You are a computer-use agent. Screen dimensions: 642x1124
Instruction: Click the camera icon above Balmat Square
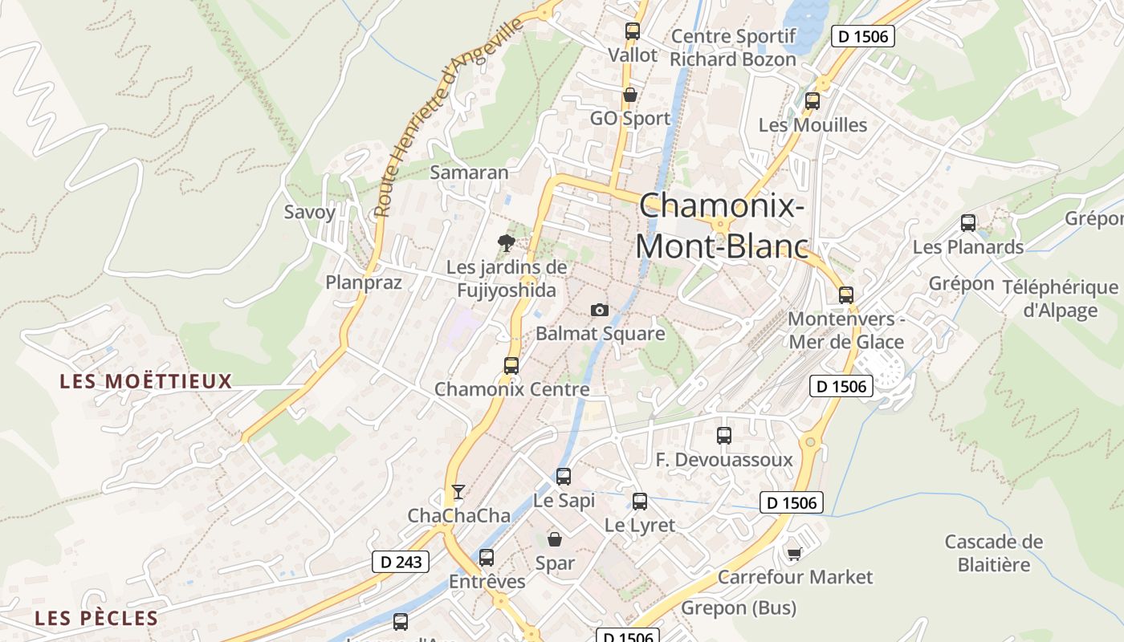tap(599, 311)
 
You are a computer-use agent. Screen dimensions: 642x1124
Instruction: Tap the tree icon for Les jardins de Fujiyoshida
tap(506, 242)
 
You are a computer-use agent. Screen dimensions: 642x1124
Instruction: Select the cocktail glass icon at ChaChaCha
tap(458, 491)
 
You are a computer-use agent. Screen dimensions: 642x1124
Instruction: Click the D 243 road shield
tap(401, 562)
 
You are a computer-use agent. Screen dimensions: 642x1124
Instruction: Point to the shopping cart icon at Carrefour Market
tap(795, 554)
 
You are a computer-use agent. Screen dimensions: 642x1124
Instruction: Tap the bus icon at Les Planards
tap(968, 223)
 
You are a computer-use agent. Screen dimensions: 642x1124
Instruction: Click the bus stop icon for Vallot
tap(633, 31)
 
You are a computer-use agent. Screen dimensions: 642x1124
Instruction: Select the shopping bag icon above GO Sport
tap(630, 95)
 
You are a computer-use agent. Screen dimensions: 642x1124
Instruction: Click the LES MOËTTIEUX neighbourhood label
tap(146, 381)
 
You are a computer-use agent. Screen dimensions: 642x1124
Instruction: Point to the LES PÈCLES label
tap(96, 619)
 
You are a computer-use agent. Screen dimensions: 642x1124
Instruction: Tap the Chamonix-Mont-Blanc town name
tap(722, 226)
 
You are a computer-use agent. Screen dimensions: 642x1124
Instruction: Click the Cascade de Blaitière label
tap(994, 553)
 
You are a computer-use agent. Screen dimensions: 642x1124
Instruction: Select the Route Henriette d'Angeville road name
tap(450, 118)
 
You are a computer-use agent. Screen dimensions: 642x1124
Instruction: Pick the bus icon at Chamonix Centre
tap(511, 366)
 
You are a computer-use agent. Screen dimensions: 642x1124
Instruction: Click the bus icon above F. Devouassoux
tap(724, 436)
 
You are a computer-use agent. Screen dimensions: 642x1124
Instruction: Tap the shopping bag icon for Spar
tap(555, 539)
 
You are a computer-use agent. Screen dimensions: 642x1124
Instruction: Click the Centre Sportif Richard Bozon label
tap(733, 47)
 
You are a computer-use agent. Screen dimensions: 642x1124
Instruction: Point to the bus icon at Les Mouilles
tap(812, 101)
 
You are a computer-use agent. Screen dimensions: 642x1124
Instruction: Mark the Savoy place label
tap(309, 212)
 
